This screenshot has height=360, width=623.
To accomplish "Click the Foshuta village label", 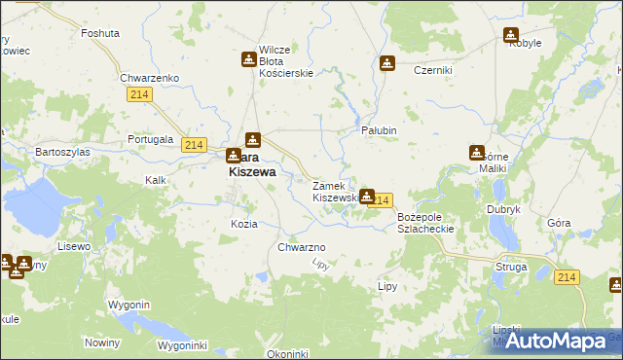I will click(100, 32).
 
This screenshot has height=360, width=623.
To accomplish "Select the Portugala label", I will click(150, 139).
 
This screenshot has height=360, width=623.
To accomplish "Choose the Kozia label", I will click(243, 224).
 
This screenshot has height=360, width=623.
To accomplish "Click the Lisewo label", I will click(74, 246).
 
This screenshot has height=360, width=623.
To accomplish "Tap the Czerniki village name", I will click(432, 70).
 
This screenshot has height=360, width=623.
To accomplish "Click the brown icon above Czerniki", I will click(387, 64).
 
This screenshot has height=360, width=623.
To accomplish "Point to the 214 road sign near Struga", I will click(568, 278).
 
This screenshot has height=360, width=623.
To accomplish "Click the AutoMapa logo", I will click(556, 340).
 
